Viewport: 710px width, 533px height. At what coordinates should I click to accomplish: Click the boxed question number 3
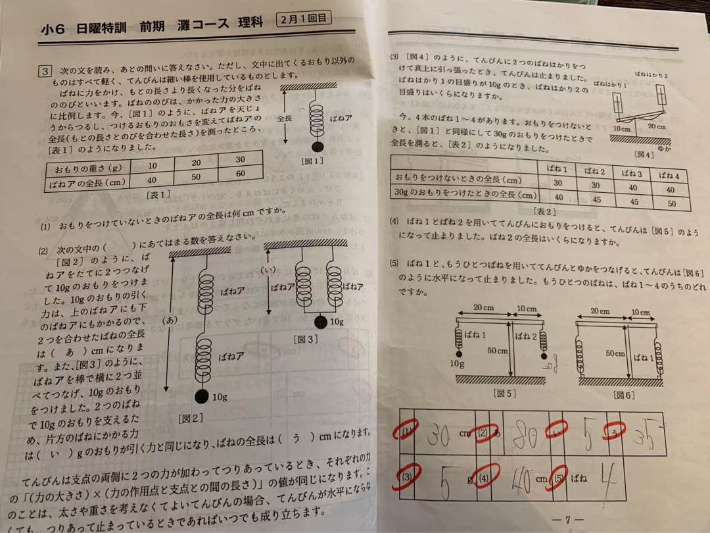[45, 70]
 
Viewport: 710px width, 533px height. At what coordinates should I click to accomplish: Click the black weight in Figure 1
[317, 147]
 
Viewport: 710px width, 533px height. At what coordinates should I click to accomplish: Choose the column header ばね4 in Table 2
[669, 176]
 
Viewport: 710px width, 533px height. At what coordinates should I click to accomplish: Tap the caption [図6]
[623, 395]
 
